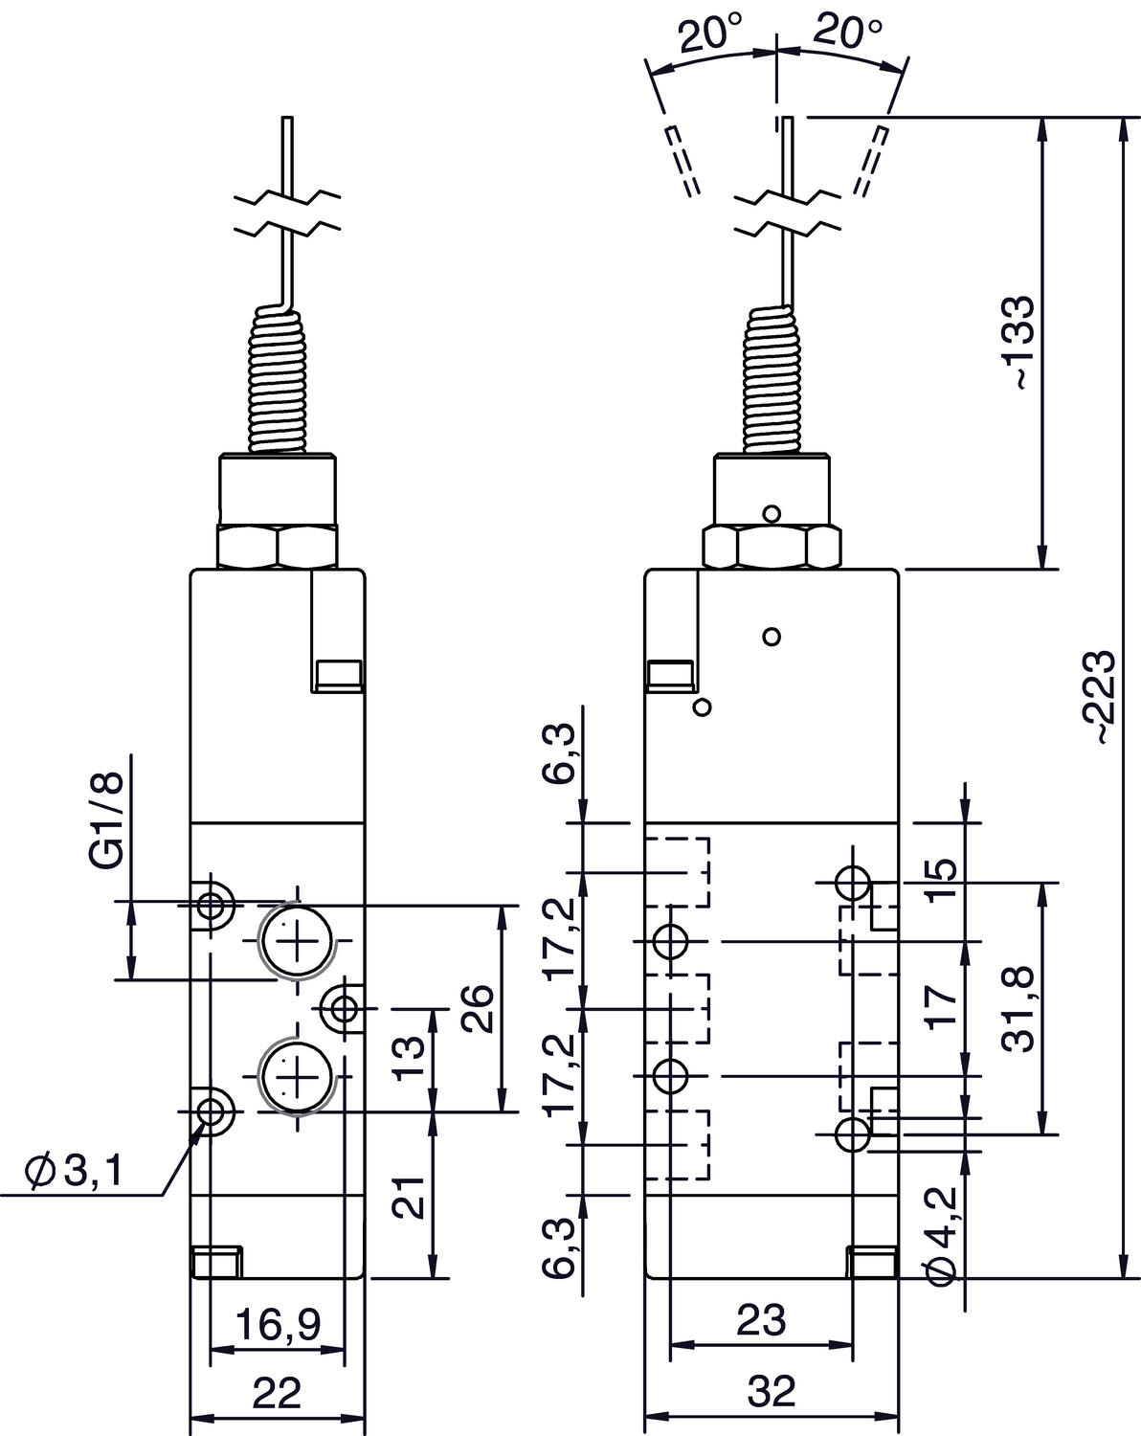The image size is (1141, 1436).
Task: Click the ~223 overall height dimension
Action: (x=1098, y=697)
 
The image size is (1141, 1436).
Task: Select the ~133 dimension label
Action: (x=1018, y=343)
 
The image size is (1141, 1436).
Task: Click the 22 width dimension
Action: (x=278, y=1391)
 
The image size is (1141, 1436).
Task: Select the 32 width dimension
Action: (x=772, y=1391)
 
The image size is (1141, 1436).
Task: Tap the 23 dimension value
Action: (x=761, y=1319)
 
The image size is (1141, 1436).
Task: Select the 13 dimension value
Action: (x=409, y=1057)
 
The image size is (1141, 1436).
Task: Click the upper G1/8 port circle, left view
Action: (x=297, y=941)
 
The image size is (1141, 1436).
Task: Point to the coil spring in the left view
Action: (x=279, y=380)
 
